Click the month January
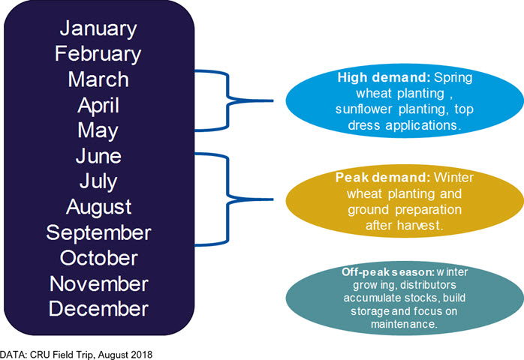[98, 29]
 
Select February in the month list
[98, 55]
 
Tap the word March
[98, 79]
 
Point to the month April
[98, 106]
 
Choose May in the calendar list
[98, 131]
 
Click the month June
[98, 156]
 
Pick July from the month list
[98, 182]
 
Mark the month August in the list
[98, 208]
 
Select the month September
[98, 233]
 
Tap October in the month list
[98, 258]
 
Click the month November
[98, 283]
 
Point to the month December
[98, 308]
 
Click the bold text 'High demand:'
[384, 77]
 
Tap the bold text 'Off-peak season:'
[388, 272]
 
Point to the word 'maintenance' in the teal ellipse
[402, 324]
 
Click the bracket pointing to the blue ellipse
[228, 100]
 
